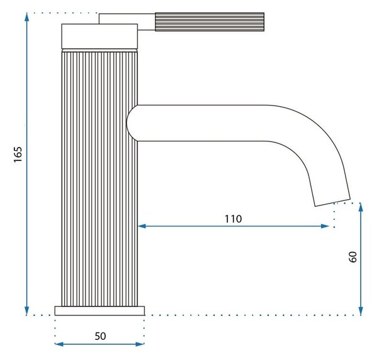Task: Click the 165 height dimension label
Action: [x=18, y=154]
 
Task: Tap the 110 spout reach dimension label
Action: [x=233, y=219]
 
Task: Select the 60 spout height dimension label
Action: [x=352, y=257]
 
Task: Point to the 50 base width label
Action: [x=101, y=336]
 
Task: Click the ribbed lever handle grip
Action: [x=210, y=22]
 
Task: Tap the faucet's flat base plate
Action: [x=99, y=311]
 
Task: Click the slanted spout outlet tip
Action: [x=332, y=203]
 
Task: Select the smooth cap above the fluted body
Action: [x=99, y=36]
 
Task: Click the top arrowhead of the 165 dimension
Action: [x=27, y=17]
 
